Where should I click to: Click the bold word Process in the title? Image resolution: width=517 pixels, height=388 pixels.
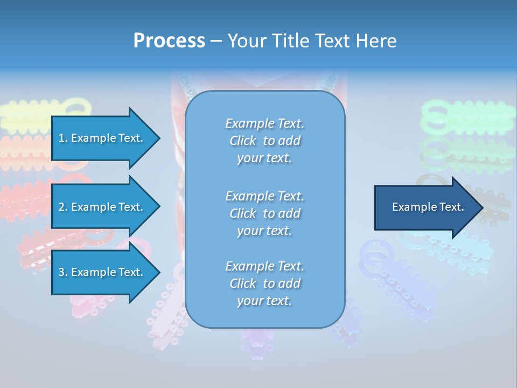[x=169, y=41]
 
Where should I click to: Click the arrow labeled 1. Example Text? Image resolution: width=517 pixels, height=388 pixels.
[x=102, y=138]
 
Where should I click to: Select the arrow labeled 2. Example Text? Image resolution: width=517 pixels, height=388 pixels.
[x=102, y=207]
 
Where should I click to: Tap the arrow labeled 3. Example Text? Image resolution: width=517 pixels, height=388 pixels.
[x=102, y=272]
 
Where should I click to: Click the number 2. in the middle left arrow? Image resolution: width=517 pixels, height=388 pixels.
[x=62, y=207]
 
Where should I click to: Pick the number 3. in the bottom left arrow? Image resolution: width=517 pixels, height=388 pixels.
[x=62, y=272]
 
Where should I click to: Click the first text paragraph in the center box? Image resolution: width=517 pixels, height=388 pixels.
[x=264, y=141]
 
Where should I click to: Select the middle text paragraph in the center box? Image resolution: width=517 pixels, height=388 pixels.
[x=264, y=213]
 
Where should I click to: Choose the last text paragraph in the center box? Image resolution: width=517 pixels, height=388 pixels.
[x=264, y=283]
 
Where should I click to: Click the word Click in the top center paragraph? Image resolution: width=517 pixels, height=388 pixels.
[x=242, y=141]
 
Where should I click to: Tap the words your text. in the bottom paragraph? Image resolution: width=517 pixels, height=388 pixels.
[x=264, y=301]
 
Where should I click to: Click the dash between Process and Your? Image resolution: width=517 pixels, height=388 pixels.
[x=216, y=41]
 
